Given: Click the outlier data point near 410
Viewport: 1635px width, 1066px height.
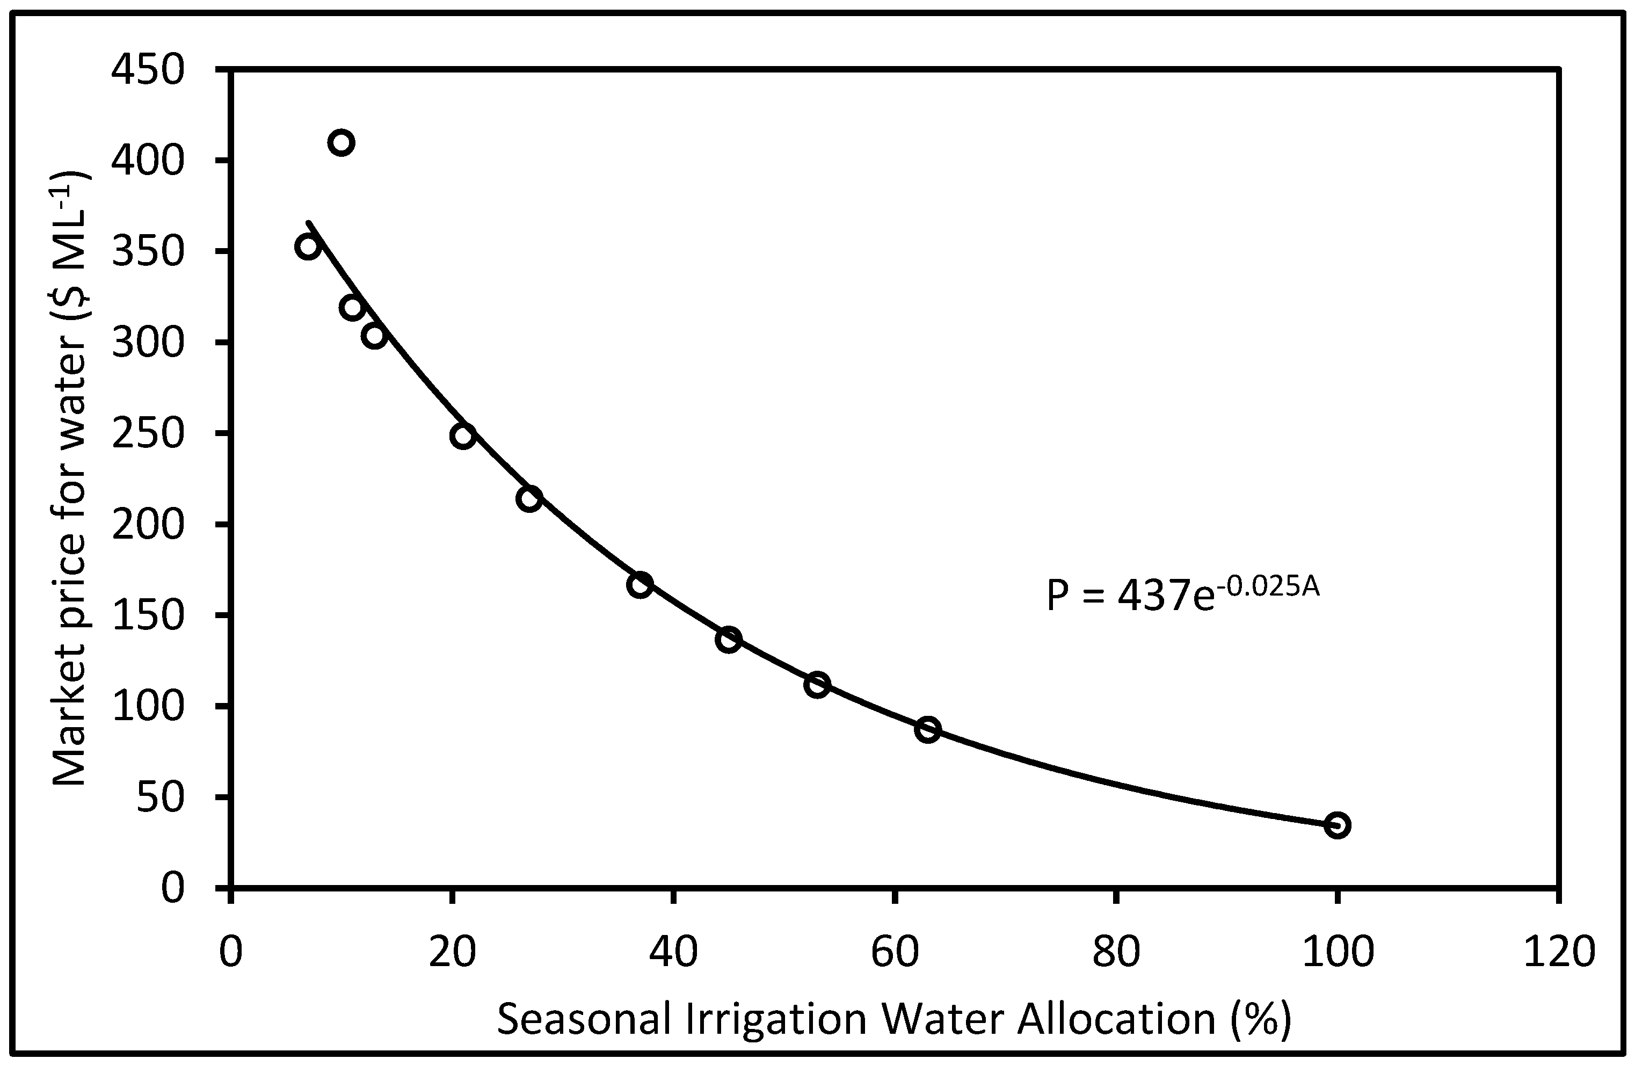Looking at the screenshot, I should point(341,143).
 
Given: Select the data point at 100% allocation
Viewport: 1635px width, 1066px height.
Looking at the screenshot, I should point(1337,825).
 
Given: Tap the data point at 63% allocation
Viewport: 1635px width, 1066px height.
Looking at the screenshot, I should point(927,729).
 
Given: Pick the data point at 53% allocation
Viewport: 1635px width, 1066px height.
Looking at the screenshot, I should point(817,685).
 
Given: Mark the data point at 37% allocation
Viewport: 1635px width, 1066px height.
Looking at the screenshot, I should point(640,585).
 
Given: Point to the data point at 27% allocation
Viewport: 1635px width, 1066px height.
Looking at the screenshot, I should point(529,498).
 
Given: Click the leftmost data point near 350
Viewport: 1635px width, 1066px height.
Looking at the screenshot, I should point(308,246).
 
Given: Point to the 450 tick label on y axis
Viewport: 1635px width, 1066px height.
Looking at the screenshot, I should point(148,70).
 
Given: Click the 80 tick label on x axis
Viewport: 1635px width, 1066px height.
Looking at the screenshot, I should point(1116,953).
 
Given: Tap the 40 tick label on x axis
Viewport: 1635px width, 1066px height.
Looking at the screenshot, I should point(674,953).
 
